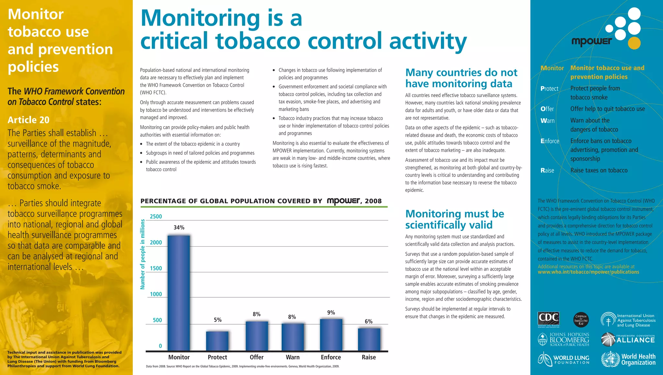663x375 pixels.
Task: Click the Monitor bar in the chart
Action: (x=179, y=293)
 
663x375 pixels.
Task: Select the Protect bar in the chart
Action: (x=217, y=341)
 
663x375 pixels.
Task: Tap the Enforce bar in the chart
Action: (x=331, y=335)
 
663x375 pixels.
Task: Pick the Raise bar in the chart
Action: (x=369, y=339)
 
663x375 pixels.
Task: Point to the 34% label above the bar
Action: (x=179, y=227)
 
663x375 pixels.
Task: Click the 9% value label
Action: (x=331, y=313)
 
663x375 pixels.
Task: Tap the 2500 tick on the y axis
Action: (x=156, y=216)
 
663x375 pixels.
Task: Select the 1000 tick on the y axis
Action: (x=156, y=294)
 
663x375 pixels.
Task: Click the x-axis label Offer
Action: (x=256, y=357)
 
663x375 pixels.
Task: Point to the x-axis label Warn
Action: (x=293, y=357)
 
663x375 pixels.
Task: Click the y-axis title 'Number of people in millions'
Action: (x=142, y=254)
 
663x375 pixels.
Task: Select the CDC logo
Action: (x=548, y=319)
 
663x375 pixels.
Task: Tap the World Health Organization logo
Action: (x=628, y=359)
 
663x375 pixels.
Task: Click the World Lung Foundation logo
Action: (x=564, y=359)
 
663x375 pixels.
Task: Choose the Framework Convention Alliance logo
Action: (x=628, y=339)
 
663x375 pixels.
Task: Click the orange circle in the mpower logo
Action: (x=634, y=43)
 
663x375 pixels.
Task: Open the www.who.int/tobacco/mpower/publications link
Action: (x=588, y=272)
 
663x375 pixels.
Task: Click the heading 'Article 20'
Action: (x=28, y=120)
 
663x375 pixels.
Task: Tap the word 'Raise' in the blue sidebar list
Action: (x=547, y=171)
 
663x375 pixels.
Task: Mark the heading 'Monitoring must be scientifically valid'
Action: (x=455, y=219)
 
